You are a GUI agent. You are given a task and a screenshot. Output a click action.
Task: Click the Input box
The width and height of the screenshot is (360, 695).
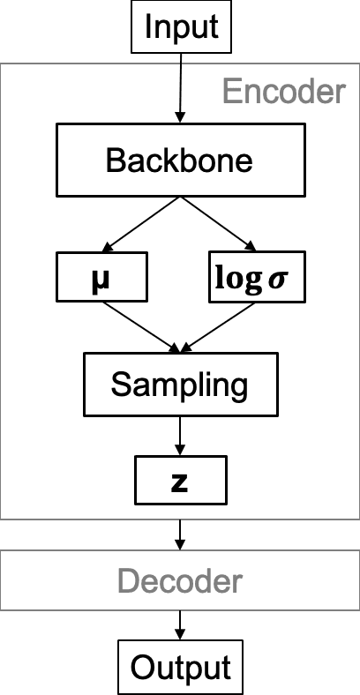(x=180, y=26)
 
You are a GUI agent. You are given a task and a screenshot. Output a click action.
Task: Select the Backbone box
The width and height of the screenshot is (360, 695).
(x=180, y=161)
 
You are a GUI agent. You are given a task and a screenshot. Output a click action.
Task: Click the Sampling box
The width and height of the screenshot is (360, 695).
(x=180, y=385)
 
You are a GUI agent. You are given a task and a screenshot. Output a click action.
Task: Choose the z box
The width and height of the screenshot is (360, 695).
(x=180, y=480)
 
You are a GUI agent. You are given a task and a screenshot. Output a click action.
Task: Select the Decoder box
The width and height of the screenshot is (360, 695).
(x=180, y=581)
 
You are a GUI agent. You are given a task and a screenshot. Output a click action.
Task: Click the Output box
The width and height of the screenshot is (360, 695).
(x=180, y=667)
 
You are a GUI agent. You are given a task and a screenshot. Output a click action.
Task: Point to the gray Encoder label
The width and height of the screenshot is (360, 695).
(x=282, y=91)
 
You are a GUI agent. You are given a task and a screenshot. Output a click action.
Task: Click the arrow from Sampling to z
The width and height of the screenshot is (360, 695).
(x=180, y=436)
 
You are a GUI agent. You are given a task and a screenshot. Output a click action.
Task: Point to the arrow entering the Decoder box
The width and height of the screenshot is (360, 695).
(x=180, y=533)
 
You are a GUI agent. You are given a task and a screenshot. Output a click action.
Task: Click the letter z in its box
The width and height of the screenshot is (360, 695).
(x=180, y=481)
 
